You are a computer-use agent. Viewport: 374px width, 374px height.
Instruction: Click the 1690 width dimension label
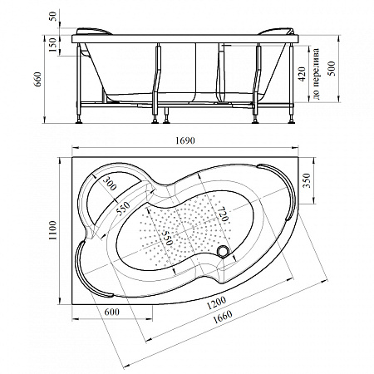click(x=185, y=140)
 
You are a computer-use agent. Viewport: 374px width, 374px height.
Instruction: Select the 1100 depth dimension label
click(x=52, y=230)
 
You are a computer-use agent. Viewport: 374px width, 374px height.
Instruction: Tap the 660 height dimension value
click(x=37, y=79)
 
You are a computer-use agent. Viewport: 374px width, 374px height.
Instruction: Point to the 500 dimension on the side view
click(x=332, y=68)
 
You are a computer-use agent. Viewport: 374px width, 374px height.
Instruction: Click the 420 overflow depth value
click(x=302, y=74)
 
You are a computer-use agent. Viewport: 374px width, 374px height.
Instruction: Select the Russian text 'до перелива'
click(x=316, y=74)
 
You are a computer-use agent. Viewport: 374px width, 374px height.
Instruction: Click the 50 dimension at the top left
click(x=53, y=17)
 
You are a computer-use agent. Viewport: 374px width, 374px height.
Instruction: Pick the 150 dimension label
click(x=52, y=44)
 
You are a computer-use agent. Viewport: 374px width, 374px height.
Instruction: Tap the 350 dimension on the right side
click(x=307, y=180)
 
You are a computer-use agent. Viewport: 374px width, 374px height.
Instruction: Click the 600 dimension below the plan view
click(x=112, y=312)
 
